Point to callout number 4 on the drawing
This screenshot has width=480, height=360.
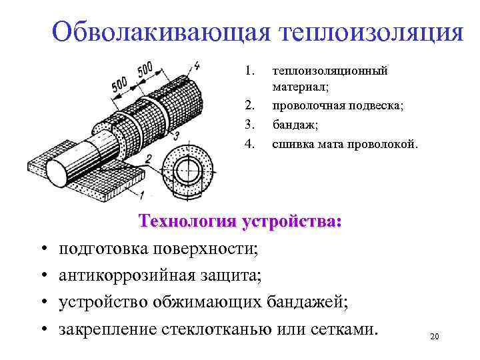coord(197,66)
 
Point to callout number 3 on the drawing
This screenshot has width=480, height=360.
coord(175,135)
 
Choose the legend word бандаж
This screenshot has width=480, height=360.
coord(294,123)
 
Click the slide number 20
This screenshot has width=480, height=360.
coord(434,337)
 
